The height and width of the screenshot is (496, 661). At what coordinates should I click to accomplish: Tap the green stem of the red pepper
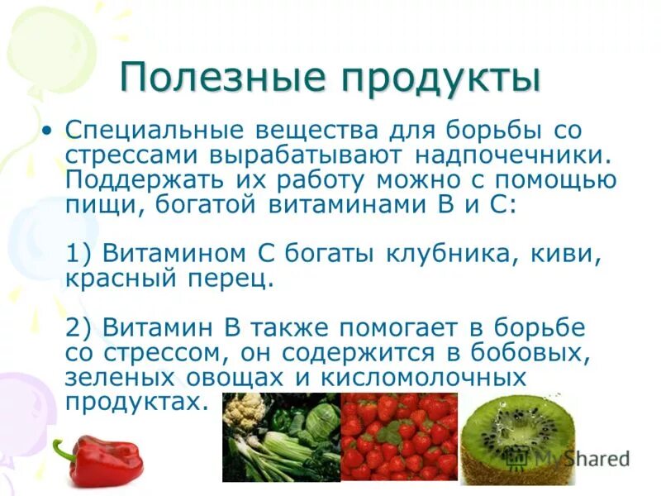(x=63, y=451)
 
